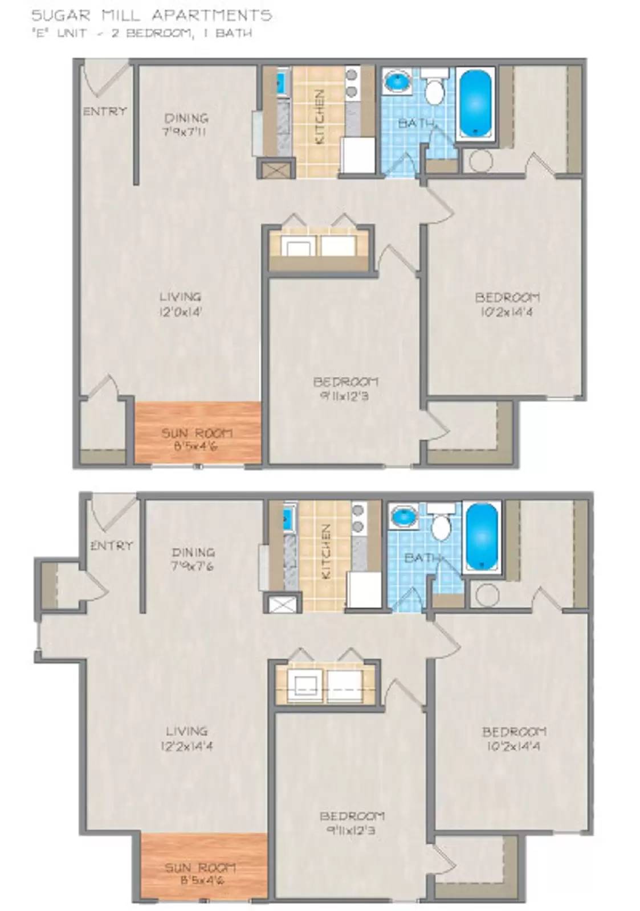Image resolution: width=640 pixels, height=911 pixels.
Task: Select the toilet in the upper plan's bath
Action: click(435, 91)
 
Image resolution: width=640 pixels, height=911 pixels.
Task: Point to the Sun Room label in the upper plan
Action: click(197, 433)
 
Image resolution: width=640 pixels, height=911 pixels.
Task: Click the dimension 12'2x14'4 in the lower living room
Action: click(186, 746)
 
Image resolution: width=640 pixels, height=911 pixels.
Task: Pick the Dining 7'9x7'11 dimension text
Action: click(186, 133)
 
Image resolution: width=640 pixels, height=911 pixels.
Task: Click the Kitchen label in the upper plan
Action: click(320, 117)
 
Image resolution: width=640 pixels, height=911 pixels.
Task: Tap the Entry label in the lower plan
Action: click(111, 545)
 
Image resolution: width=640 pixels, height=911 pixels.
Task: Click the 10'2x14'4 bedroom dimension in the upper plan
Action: click(507, 312)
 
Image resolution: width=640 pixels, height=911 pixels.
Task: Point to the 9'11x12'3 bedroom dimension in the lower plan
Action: click(351, 831)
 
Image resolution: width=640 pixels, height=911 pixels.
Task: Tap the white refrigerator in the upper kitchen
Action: click(357, 154)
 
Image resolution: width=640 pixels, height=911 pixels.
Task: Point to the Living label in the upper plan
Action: click(180, 297)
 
